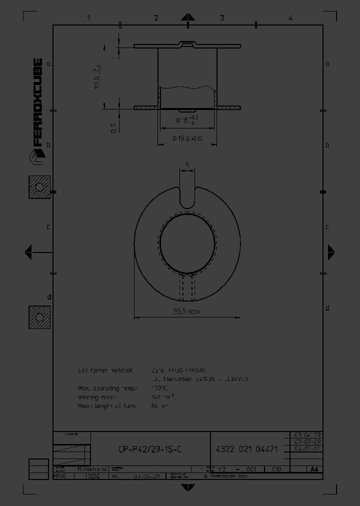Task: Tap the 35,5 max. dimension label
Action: [x=187, y=311]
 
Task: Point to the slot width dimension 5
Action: [x=187, y=164]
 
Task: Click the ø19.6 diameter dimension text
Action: [x=187, y=138]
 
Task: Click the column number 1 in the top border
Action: [x=88, y=18]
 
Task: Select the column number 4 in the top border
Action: [x=290, y=18]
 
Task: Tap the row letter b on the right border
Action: [x=327, y=145]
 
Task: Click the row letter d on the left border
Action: [x=48, y=297]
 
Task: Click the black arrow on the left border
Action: [x=28, y=252]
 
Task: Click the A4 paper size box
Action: [x=313, y=469]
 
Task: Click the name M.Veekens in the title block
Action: [x=92, y=469]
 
